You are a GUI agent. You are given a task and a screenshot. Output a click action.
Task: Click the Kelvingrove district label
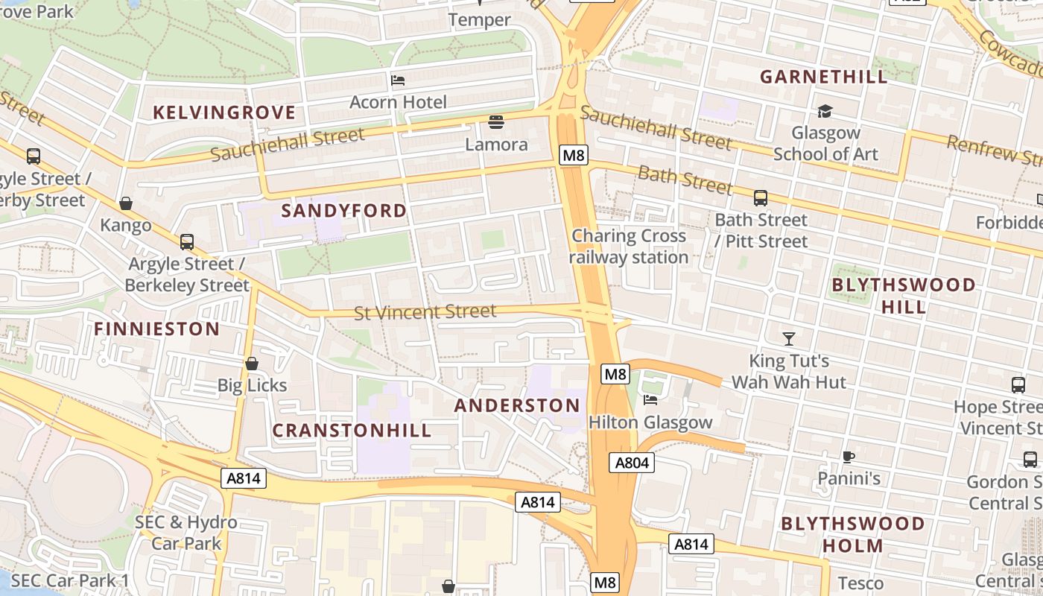coord(224,112)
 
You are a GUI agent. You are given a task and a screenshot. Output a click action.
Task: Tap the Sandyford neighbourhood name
coord(344,211)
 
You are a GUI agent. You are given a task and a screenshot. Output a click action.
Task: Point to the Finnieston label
coord(156,329)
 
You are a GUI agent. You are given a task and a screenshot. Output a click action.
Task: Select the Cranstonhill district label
coord(352,431)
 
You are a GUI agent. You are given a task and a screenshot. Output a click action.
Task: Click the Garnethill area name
coord(824,77)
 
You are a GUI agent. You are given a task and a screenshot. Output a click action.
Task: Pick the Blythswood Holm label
coord(853,534)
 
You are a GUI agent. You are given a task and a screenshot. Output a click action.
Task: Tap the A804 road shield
coord(632,463)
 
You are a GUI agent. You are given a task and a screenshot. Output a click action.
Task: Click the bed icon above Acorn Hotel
coord(398,80)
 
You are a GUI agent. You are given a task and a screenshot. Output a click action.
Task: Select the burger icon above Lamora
coord(496,121)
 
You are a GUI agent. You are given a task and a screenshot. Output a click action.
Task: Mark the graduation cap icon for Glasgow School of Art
coord(825,112)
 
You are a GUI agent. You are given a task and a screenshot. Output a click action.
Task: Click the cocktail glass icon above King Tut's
coord(789,339)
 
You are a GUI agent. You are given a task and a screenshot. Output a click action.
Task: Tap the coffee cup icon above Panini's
coord(848,457)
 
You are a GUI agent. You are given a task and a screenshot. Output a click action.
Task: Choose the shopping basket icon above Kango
coord(126,203)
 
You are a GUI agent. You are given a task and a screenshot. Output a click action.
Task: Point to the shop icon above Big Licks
coord(252,364)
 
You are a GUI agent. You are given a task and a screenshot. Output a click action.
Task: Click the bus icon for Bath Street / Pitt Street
coord(760,198)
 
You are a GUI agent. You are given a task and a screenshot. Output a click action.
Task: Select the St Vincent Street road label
coord(425,311)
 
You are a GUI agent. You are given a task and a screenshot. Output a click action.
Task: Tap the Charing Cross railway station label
coord(630,247)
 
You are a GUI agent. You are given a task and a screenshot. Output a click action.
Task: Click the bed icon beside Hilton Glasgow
coord(650,399)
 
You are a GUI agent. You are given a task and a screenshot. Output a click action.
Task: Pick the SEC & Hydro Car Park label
coord(186,533)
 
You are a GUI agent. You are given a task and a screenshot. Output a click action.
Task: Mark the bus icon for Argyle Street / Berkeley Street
coord(186,242)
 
